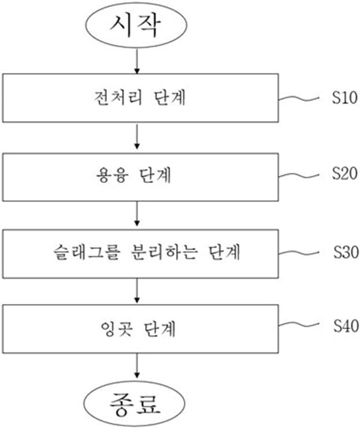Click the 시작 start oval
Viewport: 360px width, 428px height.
137,27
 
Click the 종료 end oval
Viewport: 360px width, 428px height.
137,403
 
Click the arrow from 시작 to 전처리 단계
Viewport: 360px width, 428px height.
137,61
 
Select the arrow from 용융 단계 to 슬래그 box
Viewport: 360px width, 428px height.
137,213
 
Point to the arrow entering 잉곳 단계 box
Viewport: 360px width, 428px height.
137,291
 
